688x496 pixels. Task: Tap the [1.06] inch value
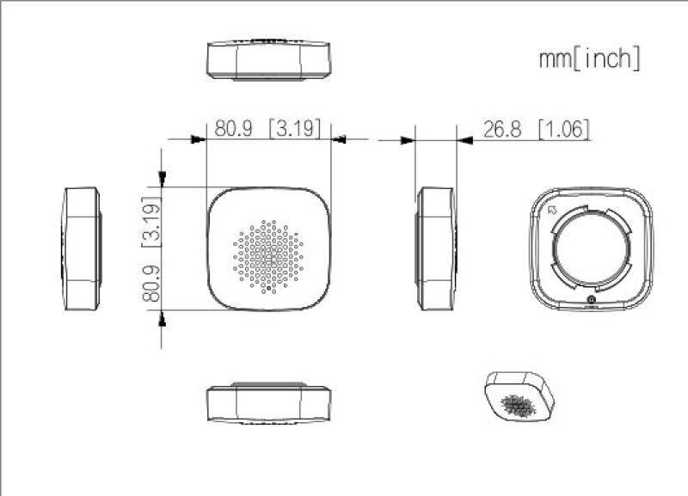click(563, 129)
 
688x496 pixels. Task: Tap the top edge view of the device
click(268, 58)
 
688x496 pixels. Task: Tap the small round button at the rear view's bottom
click(591, 300)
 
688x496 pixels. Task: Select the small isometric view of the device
click(519, 396)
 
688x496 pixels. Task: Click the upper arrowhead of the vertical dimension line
click(163, 176)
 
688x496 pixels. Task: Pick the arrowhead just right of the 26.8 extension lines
click(465, 138)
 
